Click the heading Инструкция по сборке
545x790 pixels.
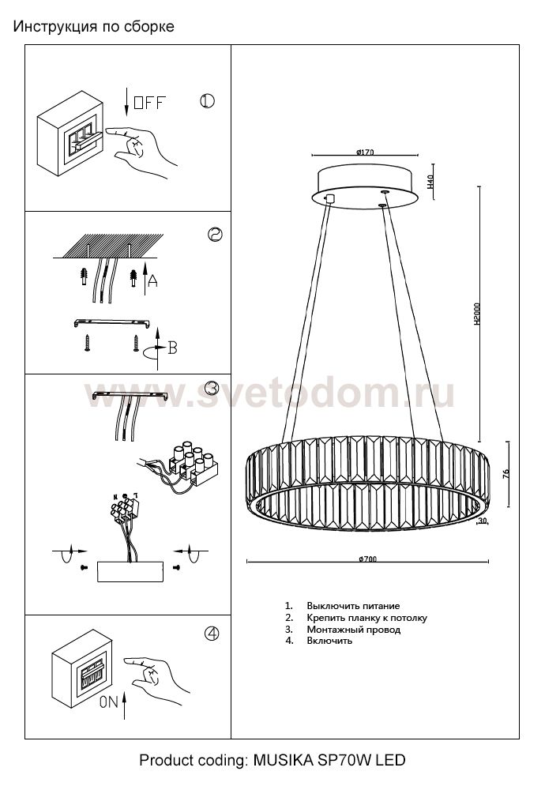94,27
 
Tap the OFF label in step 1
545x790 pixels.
150,101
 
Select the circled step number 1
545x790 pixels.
207,101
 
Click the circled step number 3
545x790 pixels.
212,388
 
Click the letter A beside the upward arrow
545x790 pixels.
152,280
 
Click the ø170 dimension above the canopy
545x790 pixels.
365,152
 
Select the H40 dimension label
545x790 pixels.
430,182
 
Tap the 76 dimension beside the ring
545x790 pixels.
506,475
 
